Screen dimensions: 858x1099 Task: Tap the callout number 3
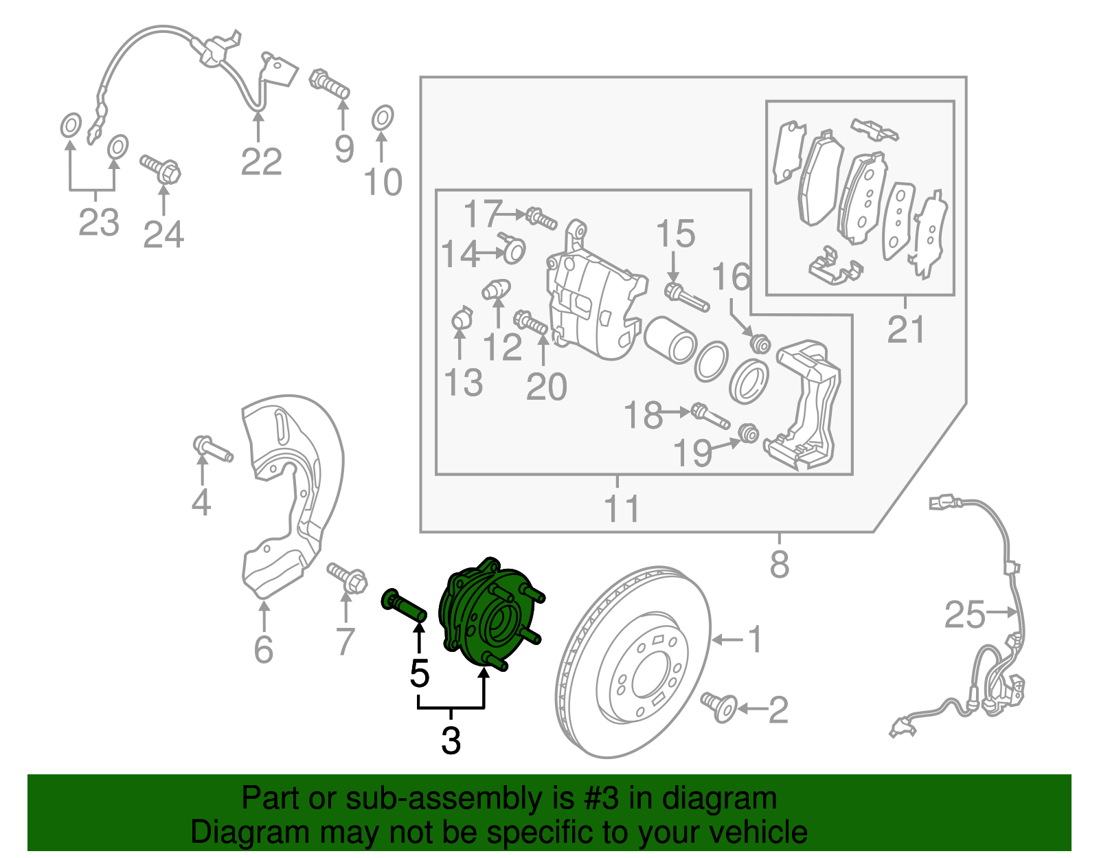pyautogui.click(x=451, y=741)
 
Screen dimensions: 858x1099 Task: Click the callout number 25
pyautogui.click(x=964, y=614)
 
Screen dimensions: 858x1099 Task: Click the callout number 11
pyautogui.click(x=622, y=509)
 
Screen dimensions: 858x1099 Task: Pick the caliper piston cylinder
pyautogui.click(x=670, y=339)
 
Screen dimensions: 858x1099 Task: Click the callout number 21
pyautogui.click(x=906, y=330)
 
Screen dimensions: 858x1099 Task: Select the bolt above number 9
pyautogui.click(x=330, y=84)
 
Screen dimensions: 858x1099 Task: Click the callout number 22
pyautogui.click(x=261, y=162)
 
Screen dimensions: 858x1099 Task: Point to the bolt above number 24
pyautogui.click(x=161, y=168)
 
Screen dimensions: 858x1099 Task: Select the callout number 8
pyautogui.click(x=780, y=565)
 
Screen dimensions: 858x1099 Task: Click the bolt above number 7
pyautogui.click(x=348, y=578)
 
